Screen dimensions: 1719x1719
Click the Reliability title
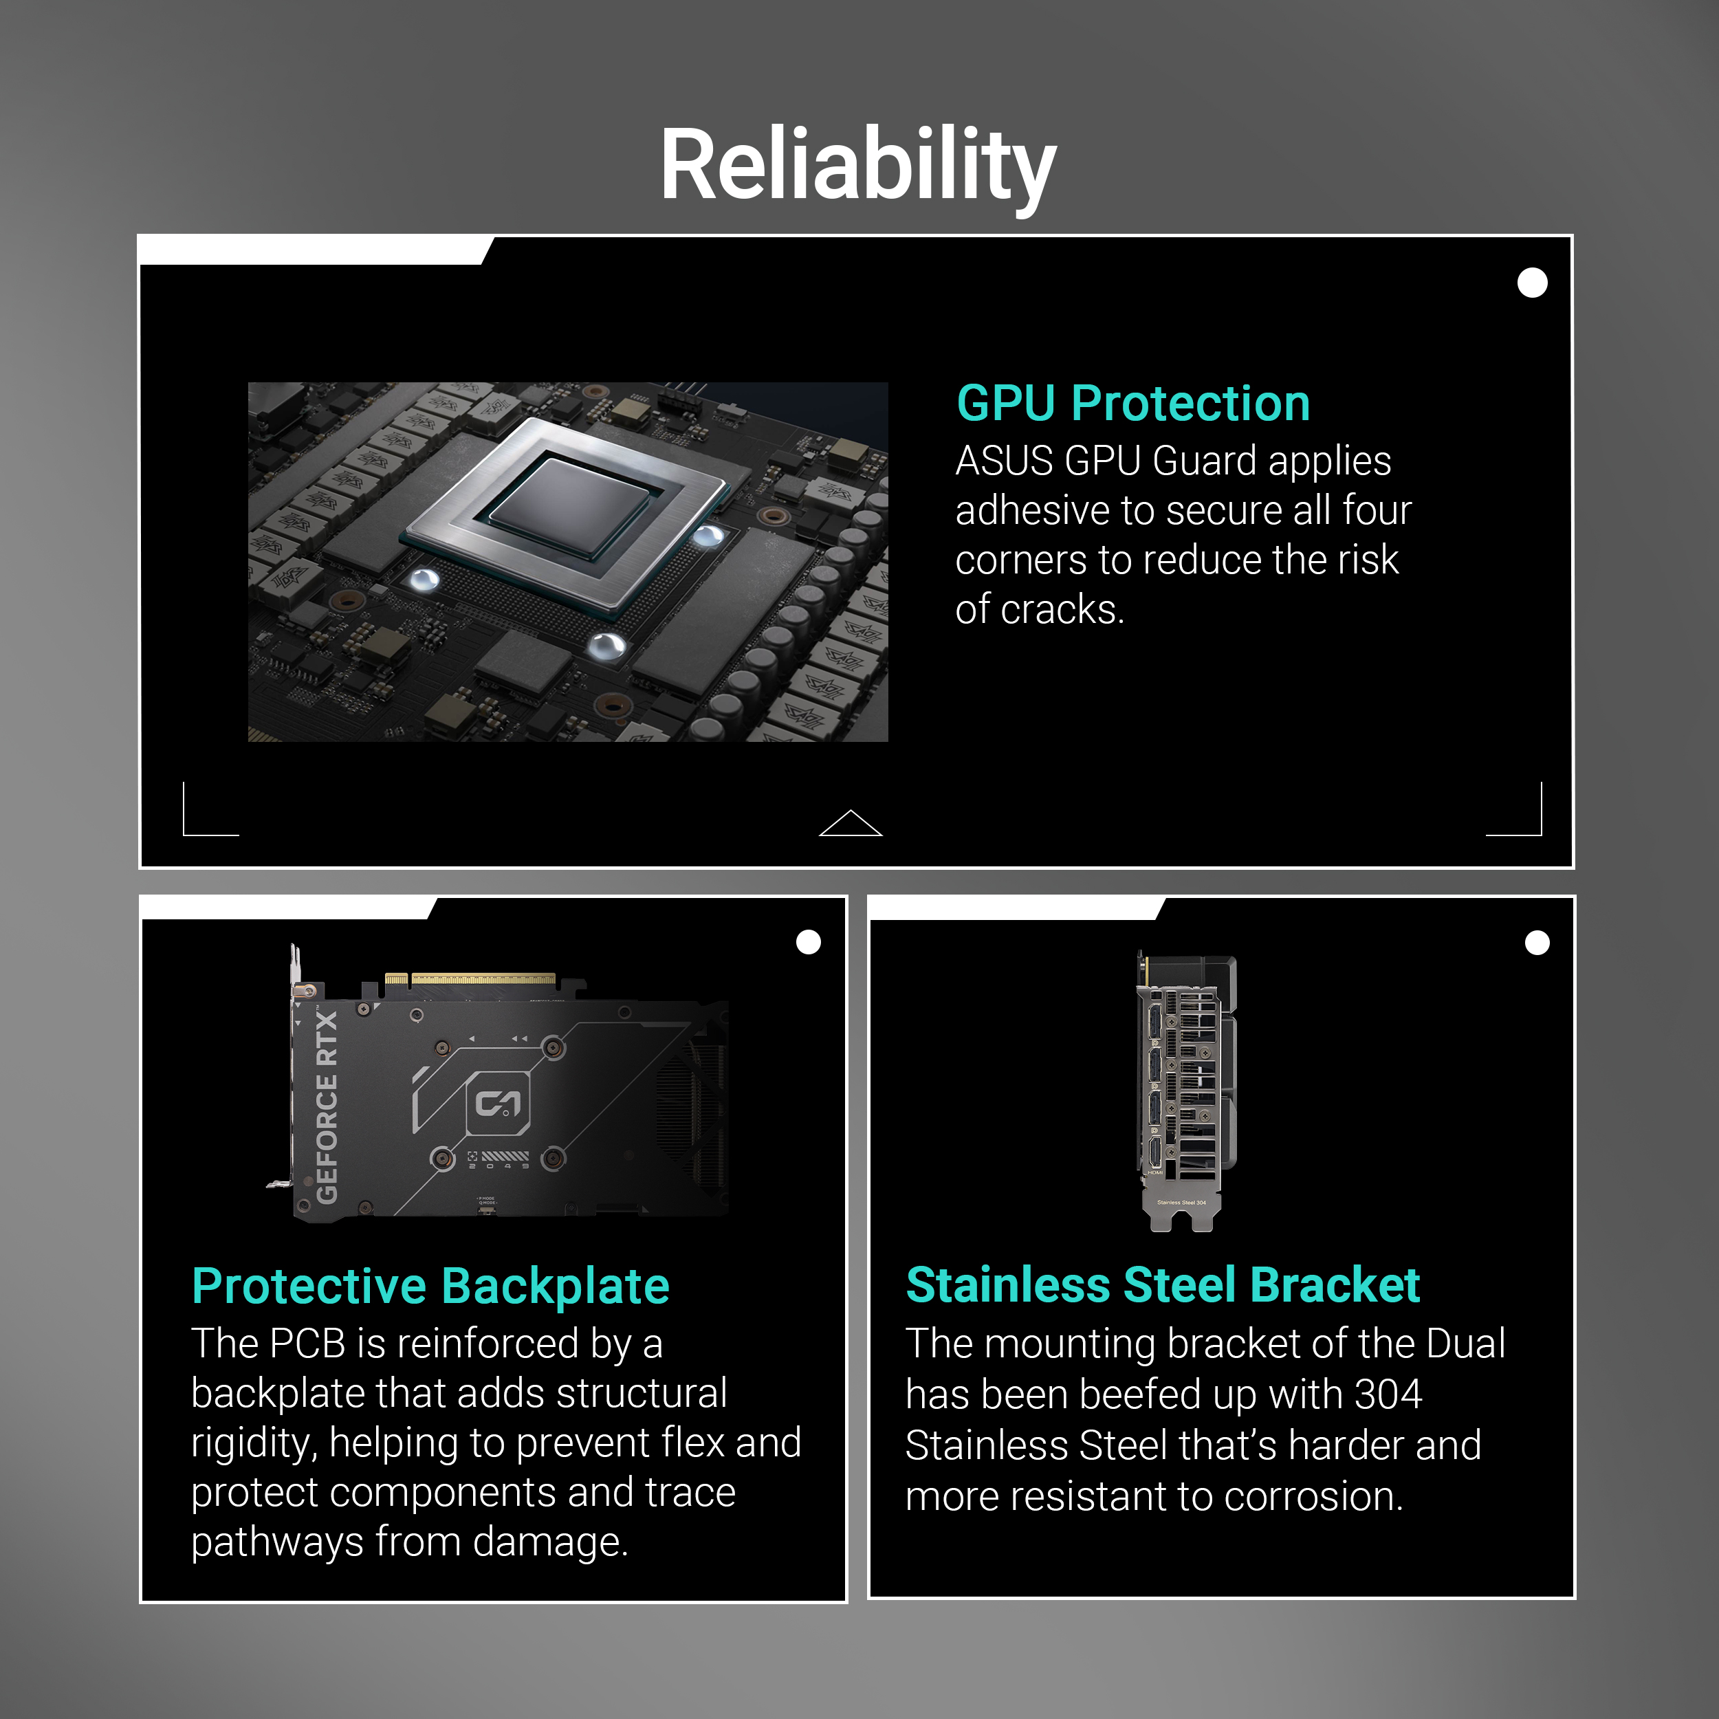[x=857, y=166]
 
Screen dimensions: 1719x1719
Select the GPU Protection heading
[x=1132, y=403]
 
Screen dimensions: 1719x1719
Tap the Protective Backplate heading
[x=430, y=1286]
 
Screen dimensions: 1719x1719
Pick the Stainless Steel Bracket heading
[x=1162, y=1285]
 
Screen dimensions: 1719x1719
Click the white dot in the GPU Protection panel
[x=1532, y=283]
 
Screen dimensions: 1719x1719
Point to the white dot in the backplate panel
[x=808, y=942]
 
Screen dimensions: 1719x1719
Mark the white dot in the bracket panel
[x=1537, y=942]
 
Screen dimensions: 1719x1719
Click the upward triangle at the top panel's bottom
[x=851, y=823]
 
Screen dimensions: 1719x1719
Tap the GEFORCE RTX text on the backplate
[x=327, y=1107]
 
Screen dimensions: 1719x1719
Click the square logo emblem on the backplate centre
[x=499, y=1104]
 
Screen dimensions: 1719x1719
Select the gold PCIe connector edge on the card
[x=471, y=978]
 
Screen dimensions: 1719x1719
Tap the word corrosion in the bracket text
[x=1313, y=1498]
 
